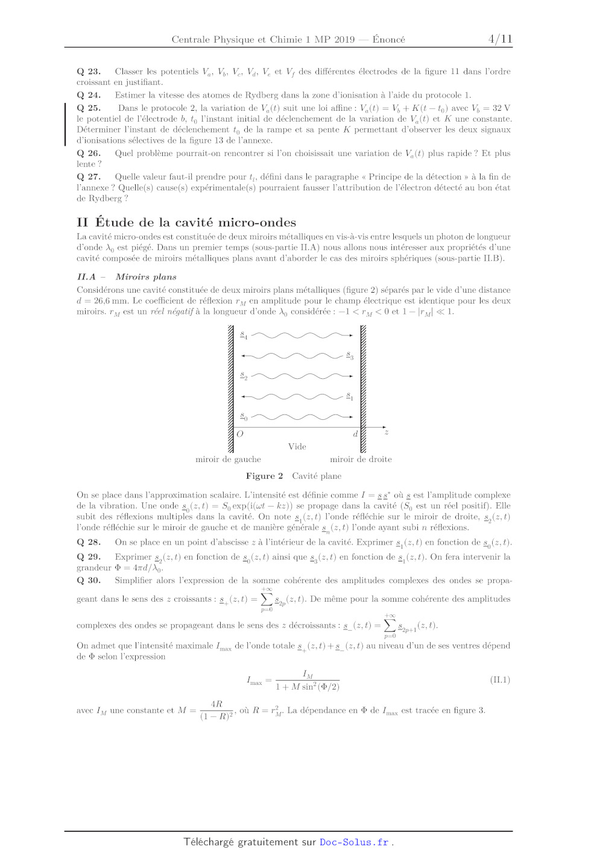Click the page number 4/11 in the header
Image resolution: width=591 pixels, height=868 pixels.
coord(500,39)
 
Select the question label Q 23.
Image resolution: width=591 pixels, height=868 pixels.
coord(89,72)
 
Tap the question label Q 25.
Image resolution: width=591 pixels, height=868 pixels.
coord(89,108)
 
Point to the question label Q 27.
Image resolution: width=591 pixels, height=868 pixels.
coord(89,177)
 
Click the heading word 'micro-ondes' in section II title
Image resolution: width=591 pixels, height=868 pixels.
coord(257,222)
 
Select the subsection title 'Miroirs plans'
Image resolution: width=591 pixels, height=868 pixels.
coord(146,277)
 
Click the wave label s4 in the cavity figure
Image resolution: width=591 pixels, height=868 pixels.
coord(244,336)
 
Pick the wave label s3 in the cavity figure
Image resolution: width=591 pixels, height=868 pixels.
coord(350,356)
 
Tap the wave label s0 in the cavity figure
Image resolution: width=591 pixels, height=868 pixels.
coord(244,417)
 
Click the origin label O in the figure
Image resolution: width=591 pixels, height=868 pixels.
coord(240,434)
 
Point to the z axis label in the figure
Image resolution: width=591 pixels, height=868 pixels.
coord(386,432)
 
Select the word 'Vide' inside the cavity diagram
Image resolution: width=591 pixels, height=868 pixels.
coord(297,446)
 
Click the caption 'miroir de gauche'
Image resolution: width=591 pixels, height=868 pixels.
coord(228,460)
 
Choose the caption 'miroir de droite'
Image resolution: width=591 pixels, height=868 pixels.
coord(361,460)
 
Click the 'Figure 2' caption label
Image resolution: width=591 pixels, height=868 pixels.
coord(264,476)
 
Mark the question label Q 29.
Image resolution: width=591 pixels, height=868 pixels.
coord(89,557)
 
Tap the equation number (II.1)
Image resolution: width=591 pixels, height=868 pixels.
coord(500,680)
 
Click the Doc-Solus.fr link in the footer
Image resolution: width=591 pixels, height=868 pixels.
coord(354,842)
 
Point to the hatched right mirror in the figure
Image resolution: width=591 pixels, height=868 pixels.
coord(363,389)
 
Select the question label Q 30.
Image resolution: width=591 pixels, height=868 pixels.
coord(89,581)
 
